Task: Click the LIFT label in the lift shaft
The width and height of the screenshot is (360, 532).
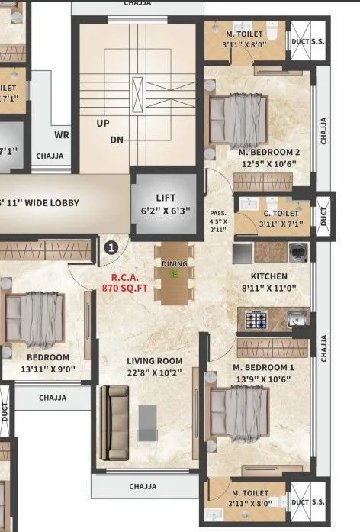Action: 166,197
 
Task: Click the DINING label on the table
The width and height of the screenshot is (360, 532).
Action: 174,263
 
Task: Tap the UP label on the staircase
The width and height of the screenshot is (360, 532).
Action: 102,122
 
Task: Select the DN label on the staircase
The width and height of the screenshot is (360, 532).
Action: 117,140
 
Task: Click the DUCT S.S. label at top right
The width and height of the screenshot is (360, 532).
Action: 309,42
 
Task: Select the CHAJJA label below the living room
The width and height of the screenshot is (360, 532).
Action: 143,486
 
